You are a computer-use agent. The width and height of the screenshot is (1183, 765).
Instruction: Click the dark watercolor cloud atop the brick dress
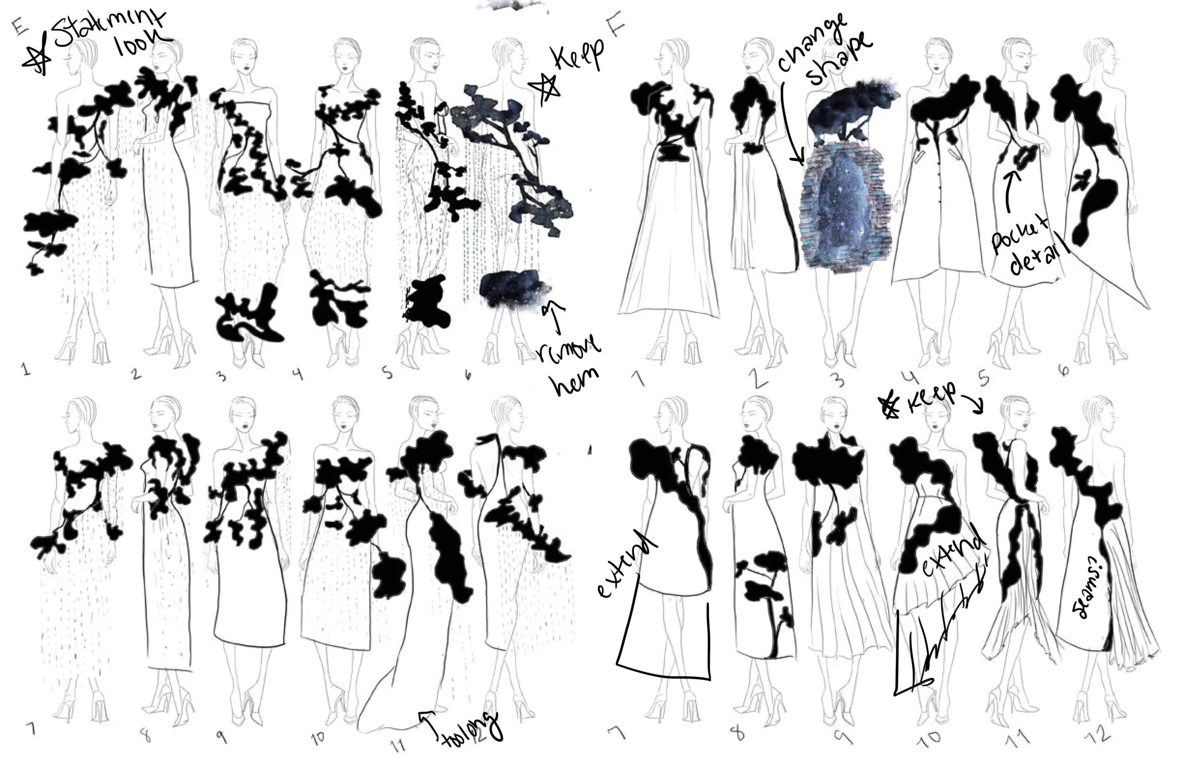tap(850, 107)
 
